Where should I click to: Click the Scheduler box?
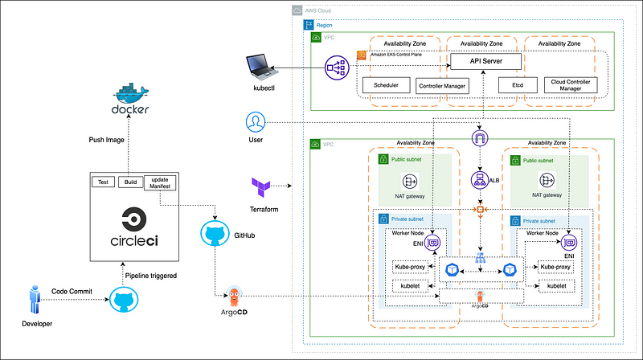click(387, 84)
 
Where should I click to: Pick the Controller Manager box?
click(442, 85)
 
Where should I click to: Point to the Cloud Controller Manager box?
click(565, 84)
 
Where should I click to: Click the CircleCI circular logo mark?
click(133, 219)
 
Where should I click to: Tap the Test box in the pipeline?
click(103, 182)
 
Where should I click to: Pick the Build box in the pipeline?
click(129, 182)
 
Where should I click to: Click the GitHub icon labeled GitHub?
click(214, 233)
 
